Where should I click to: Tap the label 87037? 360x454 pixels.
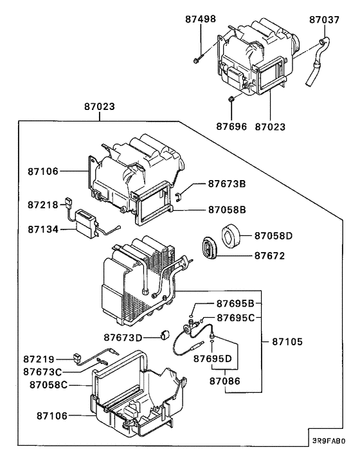point(323,19)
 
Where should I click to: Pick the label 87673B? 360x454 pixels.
point(226,183)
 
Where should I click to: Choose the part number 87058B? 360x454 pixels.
point(227,209)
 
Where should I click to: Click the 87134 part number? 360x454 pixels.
point(42,228)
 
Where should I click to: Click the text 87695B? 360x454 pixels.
point(235,304)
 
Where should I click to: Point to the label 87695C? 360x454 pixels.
point(235,317)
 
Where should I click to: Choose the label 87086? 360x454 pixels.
point(224,381)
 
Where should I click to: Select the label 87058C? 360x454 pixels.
point(46,385)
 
